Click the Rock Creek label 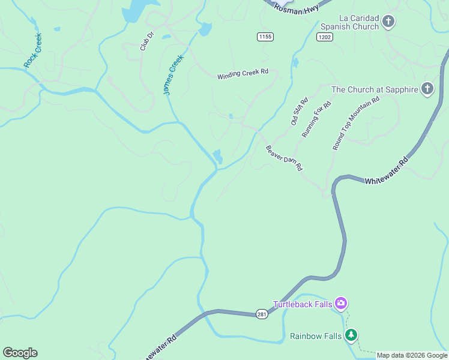click(33, 50)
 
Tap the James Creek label click(172, 76)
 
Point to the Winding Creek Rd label click(243, 74)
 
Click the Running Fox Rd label click(316, 119)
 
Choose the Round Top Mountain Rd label click(356, 124)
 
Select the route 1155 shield click(265, 37)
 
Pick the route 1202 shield click(324, 37)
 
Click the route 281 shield click(262, 314)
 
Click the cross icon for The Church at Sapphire click(427, 89)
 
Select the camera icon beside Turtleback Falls click(341, 304)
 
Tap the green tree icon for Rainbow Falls click(351, 335)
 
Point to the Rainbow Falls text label click(316, 336)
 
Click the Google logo click(20, 353)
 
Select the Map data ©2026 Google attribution click(412, 355)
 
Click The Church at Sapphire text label click(374, 89)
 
